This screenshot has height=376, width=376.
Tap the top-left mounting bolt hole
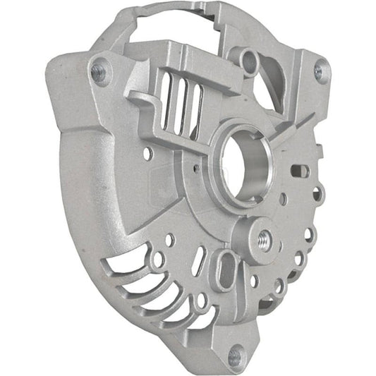99,71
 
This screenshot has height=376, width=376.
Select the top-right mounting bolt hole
321,70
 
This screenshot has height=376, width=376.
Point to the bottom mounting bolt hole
236,356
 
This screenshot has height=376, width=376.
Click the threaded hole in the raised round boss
264,237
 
